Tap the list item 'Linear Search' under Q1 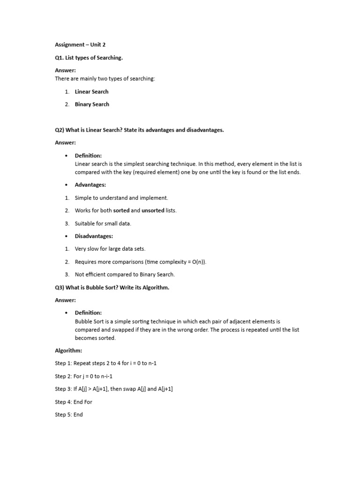point(91,91)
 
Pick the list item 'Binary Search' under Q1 point(92,104)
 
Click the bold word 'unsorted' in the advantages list point(153,210)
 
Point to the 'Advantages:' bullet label point(90,185)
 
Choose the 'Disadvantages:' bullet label point(94,236)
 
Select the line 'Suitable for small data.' point(103,224)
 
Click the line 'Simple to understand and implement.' point(121,198)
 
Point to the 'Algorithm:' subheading point(68,350)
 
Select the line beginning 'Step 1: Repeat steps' point(109,363)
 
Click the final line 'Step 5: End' point(68,414)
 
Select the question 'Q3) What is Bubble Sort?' point(112,287)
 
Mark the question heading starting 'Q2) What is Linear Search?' point(139,130)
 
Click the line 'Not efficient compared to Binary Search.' point(124,274)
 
